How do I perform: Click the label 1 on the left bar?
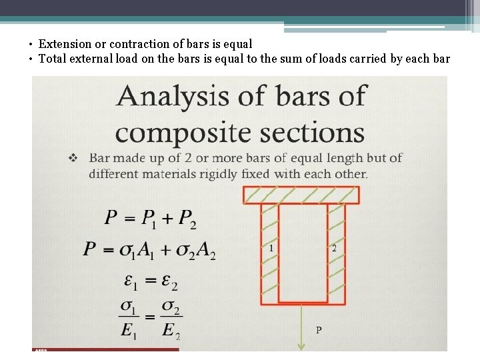(271, 248)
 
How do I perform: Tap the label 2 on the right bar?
(334, 248)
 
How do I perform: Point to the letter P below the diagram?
(319, 330)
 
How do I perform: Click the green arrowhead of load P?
(301, 345)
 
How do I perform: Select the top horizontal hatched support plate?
(301, 195)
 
